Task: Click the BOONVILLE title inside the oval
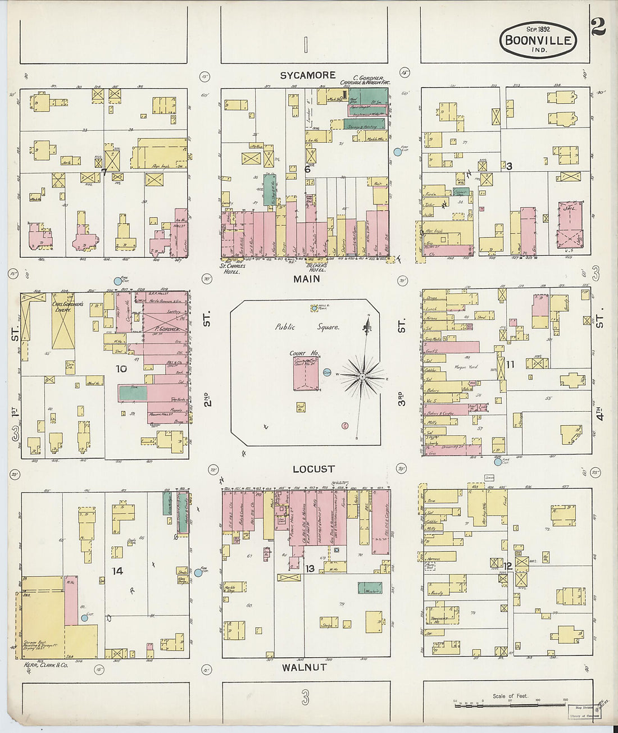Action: pos(538,40)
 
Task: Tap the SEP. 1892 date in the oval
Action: pos(538,29)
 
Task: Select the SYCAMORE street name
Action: pos(307,75)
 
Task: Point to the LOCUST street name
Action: pos(313,469)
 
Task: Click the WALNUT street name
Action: pos(304,667)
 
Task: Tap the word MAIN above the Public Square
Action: pos(307,279)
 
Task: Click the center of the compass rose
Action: pos(363,375)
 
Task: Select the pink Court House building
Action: pos(306,373)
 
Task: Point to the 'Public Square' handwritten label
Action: pos(307,327)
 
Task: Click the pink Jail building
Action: pos(569,225)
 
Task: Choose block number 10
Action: pos(121,369)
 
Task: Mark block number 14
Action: pos(117,571)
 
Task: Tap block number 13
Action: pos(310,568)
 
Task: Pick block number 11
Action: pos(510,365)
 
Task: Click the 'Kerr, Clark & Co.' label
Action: pos(46,664)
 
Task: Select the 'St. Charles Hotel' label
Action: pos(230,268)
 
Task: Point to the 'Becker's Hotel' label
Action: pos(317,267)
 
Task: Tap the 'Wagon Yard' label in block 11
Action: pos(466,367)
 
